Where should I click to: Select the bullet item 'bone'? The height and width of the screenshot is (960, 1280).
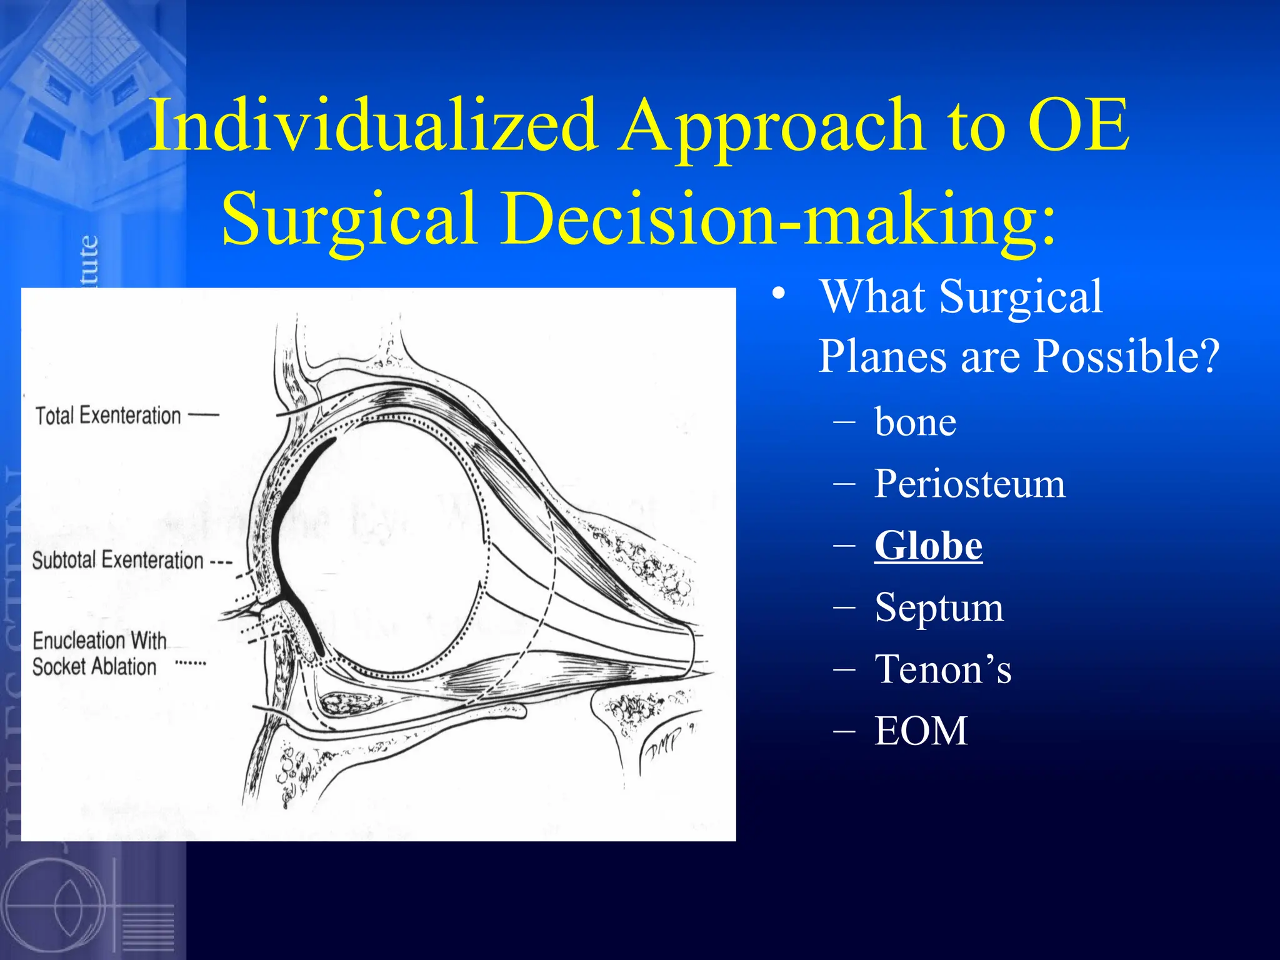tap(915, 422)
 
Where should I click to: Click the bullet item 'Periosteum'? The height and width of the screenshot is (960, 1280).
tap(969, 484)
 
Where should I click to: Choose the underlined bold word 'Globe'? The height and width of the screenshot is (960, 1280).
tap(928, 546)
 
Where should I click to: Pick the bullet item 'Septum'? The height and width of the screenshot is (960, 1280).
tap(939, 607)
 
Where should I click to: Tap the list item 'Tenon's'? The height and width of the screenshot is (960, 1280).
tap(942, 669)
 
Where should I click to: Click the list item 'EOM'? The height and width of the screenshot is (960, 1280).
tap(921, 731)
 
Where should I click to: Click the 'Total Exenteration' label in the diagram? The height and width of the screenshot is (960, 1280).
tap(107, 416)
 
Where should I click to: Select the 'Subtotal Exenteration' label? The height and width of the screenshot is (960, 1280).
tap(117, 560)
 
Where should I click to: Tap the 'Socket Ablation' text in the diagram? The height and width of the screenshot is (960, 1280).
tap(94, 667)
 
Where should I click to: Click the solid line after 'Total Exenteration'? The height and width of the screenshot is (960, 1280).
tap(204, 415)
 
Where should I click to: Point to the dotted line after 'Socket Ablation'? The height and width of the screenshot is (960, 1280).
tap(191, 663)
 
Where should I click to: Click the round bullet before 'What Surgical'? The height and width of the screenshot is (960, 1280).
tap(777, 294)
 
